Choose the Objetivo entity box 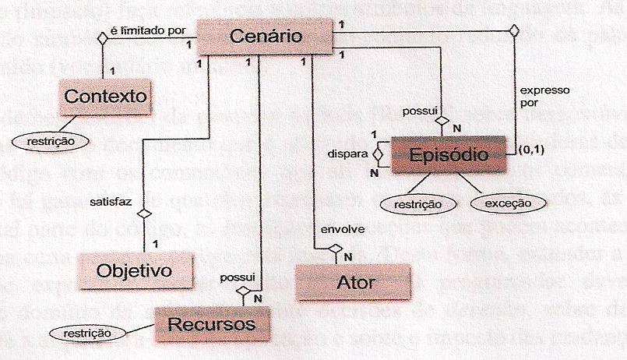point(134,271)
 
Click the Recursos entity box point(211,323)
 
